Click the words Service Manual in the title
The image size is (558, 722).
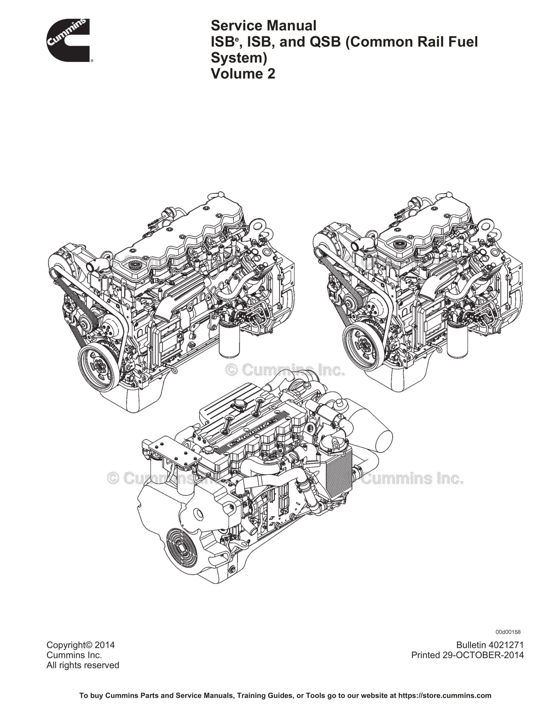point(263,25)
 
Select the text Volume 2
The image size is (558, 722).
point(243,73)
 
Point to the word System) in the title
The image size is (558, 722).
point(239,58)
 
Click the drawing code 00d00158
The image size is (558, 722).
point(508,632)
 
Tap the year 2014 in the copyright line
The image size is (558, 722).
point(105,645)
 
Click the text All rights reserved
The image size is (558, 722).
point(83,665)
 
